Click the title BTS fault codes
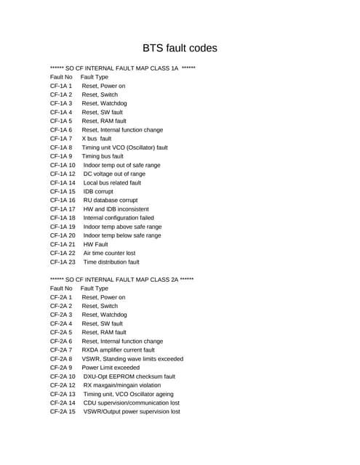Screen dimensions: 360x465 click(180, 49)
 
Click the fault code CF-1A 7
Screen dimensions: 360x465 click(61, 138)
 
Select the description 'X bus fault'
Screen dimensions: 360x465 click(97, 138)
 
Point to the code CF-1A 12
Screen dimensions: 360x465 click(63, 174)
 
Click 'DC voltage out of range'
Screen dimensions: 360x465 click(114, 174)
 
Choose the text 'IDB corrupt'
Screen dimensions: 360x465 click(99, 191)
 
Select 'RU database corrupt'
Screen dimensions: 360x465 click(111, 200)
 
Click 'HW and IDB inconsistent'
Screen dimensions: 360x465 click(116, 209)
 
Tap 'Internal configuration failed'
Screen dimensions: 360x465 click(119, 218)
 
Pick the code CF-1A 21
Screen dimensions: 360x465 click(63, 244)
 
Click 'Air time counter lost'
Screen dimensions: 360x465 click(110, 253)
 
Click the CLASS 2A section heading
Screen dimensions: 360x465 click(121, 280)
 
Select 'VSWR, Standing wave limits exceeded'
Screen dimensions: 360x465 click(132, 358)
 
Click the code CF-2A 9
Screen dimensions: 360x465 click(61, 368)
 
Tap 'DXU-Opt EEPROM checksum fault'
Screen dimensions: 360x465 click(129, 376)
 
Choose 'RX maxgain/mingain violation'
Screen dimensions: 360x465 click(127, 385)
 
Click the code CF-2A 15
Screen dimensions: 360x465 click(63, 411)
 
